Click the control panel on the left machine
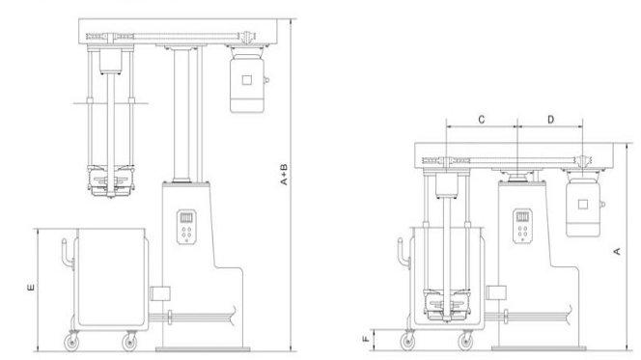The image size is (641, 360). (x=185, y=229)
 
